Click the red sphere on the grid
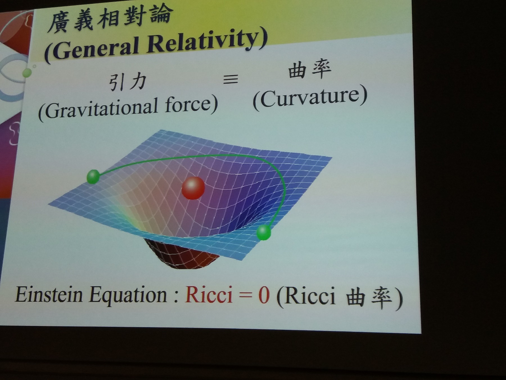[193, 188]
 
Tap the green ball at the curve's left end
[93, 177]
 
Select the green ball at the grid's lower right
[264, 233]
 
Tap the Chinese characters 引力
[128, 82]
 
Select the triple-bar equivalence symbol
[231, 79]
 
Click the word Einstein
[49, 294]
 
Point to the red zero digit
[264, 296]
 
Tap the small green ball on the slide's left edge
[27, 73]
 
